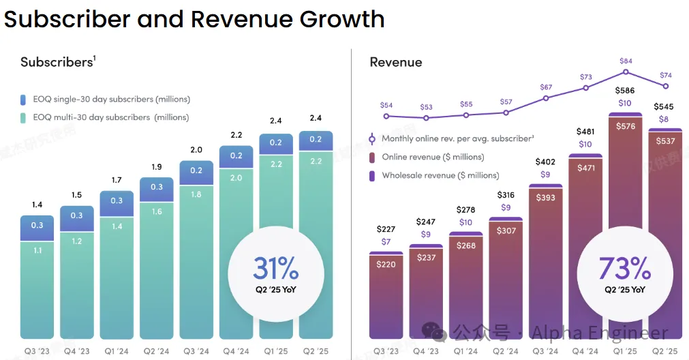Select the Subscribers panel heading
57,62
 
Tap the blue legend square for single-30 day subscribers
23,99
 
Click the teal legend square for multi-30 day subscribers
23,117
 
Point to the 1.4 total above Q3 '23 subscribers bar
37,205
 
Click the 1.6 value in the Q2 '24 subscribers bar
157,212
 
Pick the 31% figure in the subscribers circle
275,269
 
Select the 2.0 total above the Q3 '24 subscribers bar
196,150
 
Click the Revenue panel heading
396,62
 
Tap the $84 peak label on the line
626,61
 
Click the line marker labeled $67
546,98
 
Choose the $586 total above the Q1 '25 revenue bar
625,90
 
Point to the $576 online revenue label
625,125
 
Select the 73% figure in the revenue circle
624,269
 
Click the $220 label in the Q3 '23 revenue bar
386,265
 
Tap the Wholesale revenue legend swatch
372,175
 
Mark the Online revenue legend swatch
372,157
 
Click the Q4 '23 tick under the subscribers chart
76,351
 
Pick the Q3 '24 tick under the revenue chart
545,351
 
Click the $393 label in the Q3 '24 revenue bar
545,198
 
